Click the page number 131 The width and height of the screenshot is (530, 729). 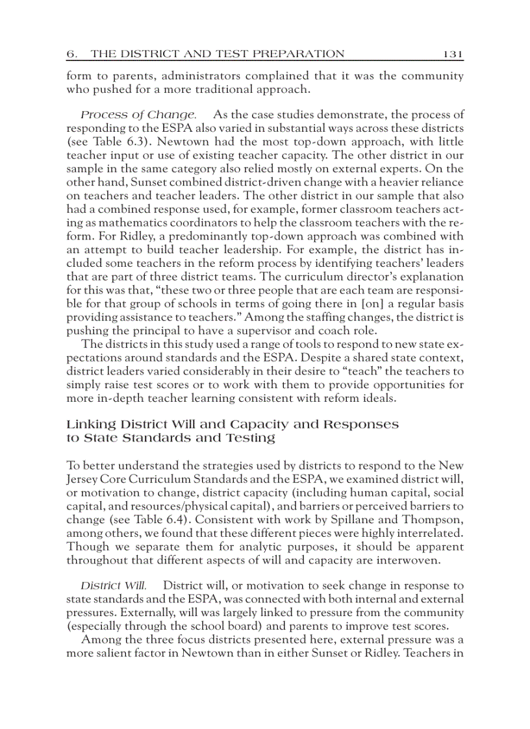point(453,54)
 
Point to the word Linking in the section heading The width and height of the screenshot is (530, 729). point(91,424)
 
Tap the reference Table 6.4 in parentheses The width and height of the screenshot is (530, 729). point(143,521)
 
